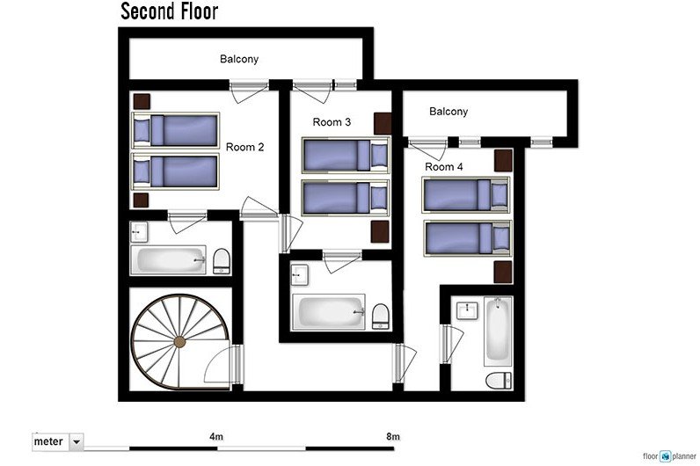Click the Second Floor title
tap(169, 11)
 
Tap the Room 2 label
tap(244, 147)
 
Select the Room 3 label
tap(332, 122)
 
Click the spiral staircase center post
tap(179, 341)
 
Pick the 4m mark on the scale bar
tap(215, 436)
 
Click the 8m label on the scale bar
tap(392, 436)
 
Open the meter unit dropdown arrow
tap(76, 441)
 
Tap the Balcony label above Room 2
tap(239, 60)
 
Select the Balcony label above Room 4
tap(448, 112)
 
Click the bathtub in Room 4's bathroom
tap(497, 331)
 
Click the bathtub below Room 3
tap(329, 312)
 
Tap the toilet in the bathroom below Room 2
tap(222, 260)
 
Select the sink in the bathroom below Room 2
tap(139, 233)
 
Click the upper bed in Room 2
tap(174, 130)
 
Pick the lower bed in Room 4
tap(466, 237)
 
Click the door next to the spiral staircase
tap(233, 364)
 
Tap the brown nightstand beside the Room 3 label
tap(382, 123)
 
